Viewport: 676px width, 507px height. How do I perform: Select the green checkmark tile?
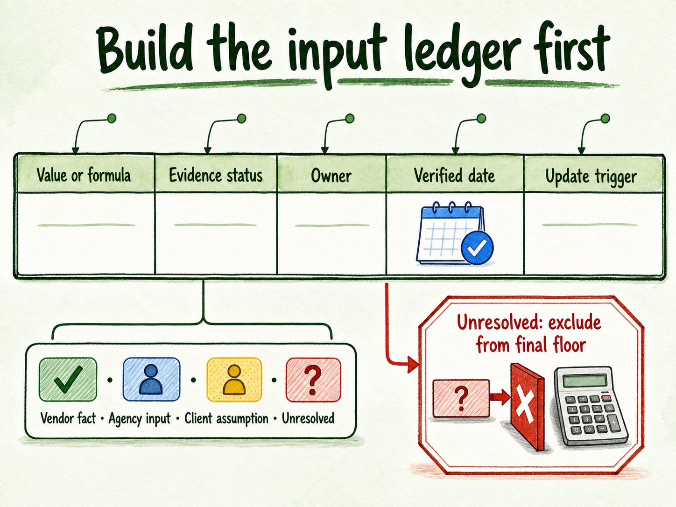click(x=68, y=379)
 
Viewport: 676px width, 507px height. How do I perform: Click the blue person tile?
click(x=152, y=379)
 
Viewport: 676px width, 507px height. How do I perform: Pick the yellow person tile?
click(x=234, y=379)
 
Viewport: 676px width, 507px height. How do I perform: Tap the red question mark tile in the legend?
click(x=313, y=379)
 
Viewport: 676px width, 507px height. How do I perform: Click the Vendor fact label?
click(x=68, y=418)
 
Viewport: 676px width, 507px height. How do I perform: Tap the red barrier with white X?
click(x=527, y=407)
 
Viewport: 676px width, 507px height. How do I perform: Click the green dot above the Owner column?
click(x=350, y=118)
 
